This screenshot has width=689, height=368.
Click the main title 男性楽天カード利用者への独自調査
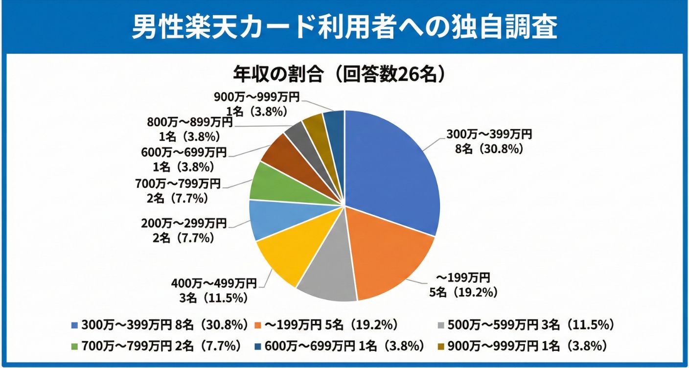[x=344, y=27]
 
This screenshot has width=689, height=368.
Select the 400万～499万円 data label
[x=214, y=283]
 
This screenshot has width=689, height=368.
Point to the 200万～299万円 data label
[x=184, y=224]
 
